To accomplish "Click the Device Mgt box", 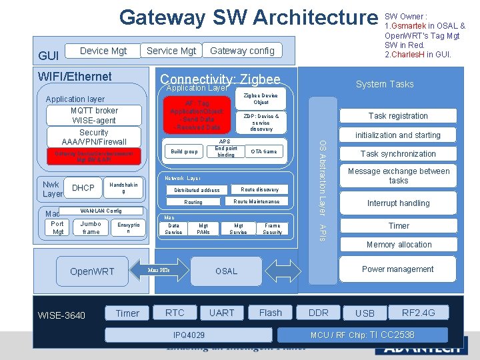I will [x=103, y=50].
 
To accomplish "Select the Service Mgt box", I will [x=171, y=50].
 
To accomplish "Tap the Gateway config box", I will [x=242, y=50].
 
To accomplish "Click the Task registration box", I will [x=398, y=115].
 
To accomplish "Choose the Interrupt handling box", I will [x=398, y=203].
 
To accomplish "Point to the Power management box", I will [x=397, y=269].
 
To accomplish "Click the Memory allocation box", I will [x=399, y=245].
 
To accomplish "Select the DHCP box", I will [x=83, y=188].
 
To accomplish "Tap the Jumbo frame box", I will [x=91, y=228].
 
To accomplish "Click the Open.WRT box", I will [x=92, y=271].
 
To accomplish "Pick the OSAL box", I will [x=226, y=271].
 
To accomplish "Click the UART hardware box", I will [x=221, y=312].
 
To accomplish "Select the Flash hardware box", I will [x=270, y=312].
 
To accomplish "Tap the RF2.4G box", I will [x=419, y=312].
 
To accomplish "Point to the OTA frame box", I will [x=264, y=151].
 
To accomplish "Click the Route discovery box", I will [x=259, y=189].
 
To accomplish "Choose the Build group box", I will [x=184, y=151].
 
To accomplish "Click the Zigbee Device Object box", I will [x=261, y=99].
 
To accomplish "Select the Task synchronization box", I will [x=398, y=153].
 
